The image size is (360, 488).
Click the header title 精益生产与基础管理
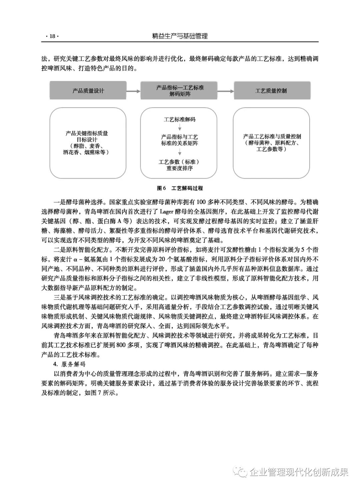pos(180,36)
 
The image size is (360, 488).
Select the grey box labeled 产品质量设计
pos(88,91)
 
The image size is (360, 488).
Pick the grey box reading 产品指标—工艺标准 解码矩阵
pos(180,91)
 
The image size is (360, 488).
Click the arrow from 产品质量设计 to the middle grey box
pos(133,91)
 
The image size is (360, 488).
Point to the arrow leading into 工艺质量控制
pos(226,91)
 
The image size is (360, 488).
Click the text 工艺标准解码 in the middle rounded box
pos(180,120)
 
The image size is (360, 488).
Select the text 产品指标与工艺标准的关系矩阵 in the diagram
pos(180,140)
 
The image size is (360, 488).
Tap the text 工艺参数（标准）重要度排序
pos(180,165)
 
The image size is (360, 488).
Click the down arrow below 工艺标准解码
pos(180,128)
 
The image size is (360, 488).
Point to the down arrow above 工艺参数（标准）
pos(180,153)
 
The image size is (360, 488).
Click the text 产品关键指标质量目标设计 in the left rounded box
pos(87,137)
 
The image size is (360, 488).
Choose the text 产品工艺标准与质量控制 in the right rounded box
pos(272,137)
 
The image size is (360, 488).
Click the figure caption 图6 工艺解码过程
pos(180,188)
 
